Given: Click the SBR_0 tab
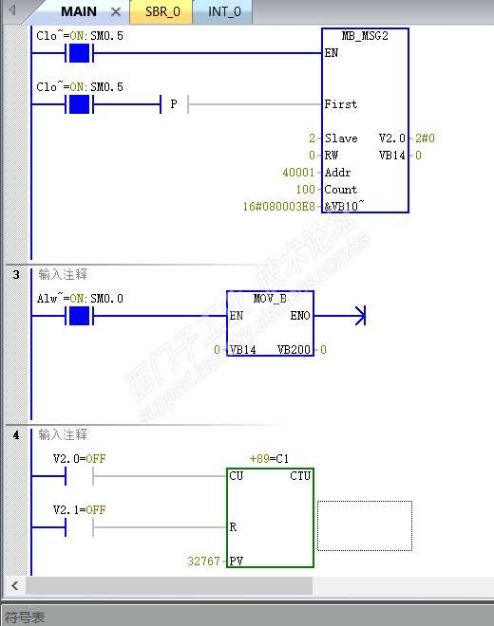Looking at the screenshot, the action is point(162,12).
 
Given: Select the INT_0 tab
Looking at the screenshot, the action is point(224,12).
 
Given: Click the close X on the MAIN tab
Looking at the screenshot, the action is point(116,12).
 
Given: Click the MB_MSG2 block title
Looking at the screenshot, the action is point(365,36).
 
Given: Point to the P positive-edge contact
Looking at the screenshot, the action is point(174,104).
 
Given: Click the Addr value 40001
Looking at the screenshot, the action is point(298,173).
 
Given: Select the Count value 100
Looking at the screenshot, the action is point(306,190).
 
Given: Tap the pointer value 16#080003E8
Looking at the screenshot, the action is point(278,207).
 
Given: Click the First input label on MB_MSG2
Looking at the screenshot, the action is point(341,104).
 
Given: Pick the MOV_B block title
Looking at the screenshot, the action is point(270,298).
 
